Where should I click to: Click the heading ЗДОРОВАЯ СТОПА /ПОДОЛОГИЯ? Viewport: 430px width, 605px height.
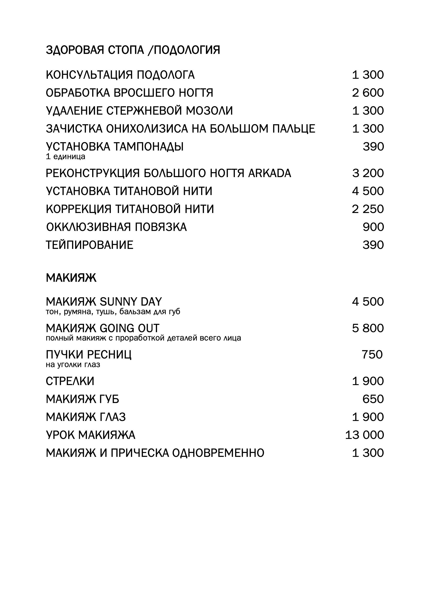(133, 50)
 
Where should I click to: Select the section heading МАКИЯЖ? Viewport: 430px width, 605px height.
(71, 278)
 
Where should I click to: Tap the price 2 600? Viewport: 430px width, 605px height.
(368, 93)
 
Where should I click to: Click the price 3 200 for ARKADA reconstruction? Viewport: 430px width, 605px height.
(368, 173)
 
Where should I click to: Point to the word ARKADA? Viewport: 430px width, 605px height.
(270, 173)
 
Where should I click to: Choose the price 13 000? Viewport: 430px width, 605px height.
(364, 435)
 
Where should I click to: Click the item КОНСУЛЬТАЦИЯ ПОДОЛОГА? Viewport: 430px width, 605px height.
(120, 75)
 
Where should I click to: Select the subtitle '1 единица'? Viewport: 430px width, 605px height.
(65, 157)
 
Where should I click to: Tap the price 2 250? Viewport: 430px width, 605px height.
(368, 209)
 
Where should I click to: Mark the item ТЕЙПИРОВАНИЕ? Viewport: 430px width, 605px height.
(90, 245)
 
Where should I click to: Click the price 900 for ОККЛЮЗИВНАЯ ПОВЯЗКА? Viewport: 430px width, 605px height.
(373, 227)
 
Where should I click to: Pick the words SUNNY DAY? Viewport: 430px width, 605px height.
(131, 302)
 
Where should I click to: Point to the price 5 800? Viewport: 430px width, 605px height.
(368, 328)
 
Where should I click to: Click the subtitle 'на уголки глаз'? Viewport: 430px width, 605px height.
(73, 365)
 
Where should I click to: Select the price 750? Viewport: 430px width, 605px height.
(372, 355)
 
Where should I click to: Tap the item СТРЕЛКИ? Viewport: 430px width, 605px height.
(70, 381)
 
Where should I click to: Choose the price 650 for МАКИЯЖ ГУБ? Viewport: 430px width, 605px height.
(373, 399)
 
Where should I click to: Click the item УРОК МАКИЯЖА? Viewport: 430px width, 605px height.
(91, 435)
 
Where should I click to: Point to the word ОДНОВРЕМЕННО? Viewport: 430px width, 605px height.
(218, 453)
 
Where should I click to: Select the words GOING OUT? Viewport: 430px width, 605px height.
(130, 328)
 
